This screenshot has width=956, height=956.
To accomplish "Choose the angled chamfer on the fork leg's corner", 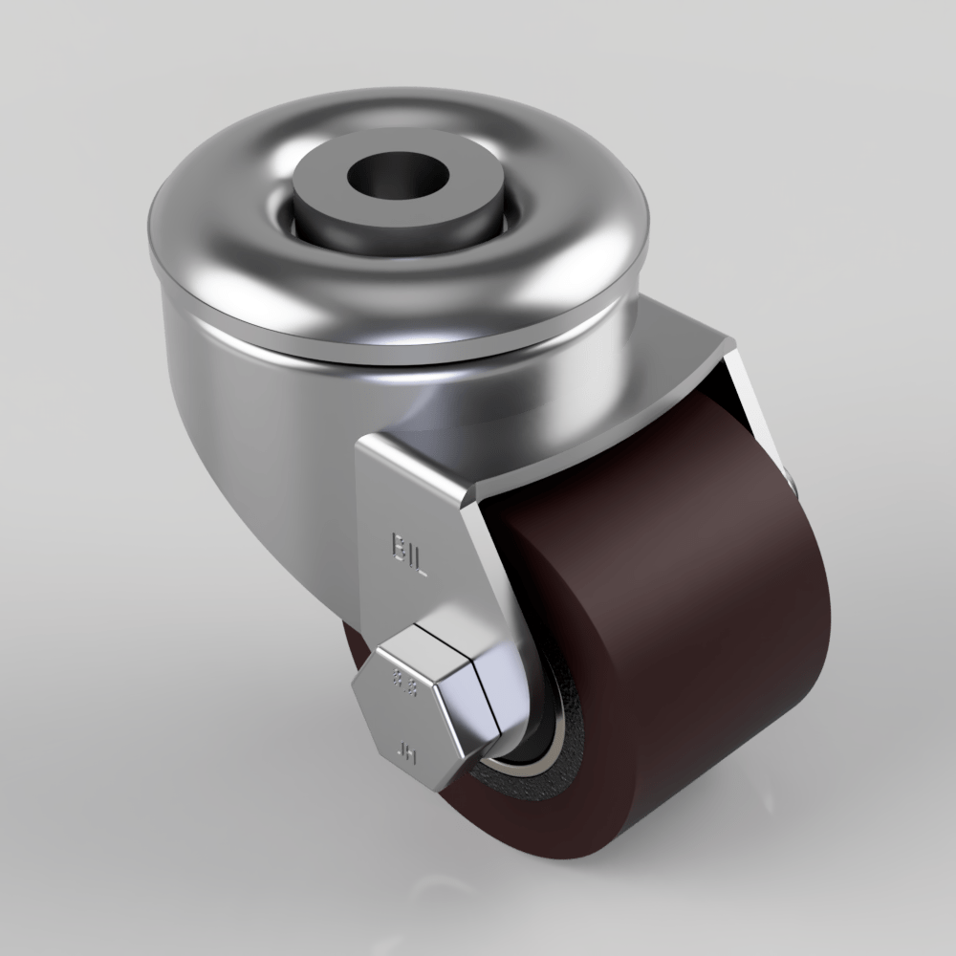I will (x=478, y=497).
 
